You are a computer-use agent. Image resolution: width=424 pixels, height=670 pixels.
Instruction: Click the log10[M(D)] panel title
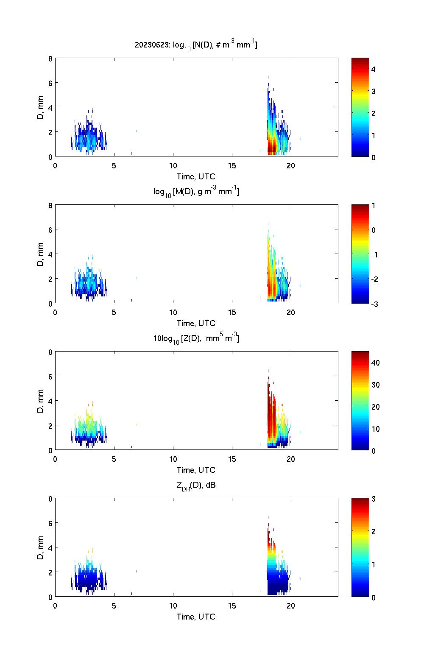(x=196, y=192)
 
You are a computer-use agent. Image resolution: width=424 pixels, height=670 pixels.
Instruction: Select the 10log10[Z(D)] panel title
(x=196, y=338)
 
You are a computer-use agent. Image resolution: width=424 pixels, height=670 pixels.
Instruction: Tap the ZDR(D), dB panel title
(x=196, y=485)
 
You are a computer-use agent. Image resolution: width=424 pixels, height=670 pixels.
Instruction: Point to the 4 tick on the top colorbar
(x=374, y=69)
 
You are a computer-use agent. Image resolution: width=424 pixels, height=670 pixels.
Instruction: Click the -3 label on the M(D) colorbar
(x=374, y=304)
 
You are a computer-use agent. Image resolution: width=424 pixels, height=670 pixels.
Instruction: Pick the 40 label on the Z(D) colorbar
(x=375, y=363)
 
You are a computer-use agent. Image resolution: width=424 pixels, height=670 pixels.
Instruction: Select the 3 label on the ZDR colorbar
(x=374, y=499)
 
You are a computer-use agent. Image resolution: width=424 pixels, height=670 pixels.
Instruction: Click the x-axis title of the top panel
(x=196, y=176)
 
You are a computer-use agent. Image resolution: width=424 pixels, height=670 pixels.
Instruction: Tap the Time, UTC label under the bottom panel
(x=196, y=617)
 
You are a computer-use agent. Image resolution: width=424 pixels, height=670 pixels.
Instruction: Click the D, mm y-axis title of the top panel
(x=41, y=108)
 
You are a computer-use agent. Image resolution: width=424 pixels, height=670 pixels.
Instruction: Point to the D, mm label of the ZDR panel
(x=41, y=548)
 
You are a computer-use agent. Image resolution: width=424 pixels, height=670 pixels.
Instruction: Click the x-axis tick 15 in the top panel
(x=232, y=165)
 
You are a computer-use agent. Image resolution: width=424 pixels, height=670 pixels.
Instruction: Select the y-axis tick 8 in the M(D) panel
(x=50, y=206)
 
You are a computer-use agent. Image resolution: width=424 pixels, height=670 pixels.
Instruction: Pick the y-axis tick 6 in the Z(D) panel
(x=50, y=376)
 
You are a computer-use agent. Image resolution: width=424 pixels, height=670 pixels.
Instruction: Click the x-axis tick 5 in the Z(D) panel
(x=114, y=459)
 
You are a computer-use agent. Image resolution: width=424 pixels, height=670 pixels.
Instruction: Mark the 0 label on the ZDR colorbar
(x=374, y=597)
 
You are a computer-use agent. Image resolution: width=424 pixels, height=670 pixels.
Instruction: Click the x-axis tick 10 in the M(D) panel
(x=173, y=312)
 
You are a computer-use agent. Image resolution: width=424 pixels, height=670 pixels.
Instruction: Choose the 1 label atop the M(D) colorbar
(x=374, y=206)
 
